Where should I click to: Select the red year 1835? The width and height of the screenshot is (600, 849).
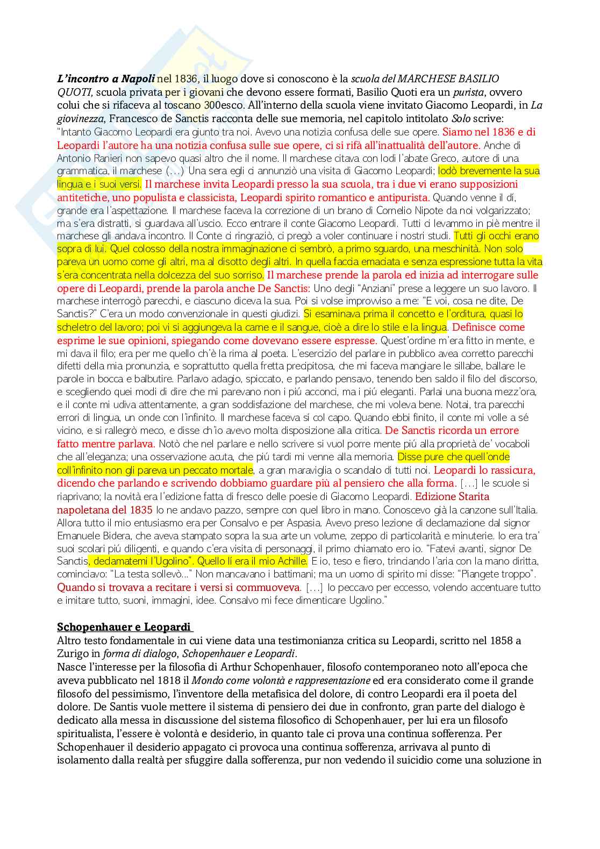click(x=141, y=510)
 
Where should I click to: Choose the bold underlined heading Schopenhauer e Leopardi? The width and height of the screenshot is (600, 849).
click(x=124, y=627)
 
